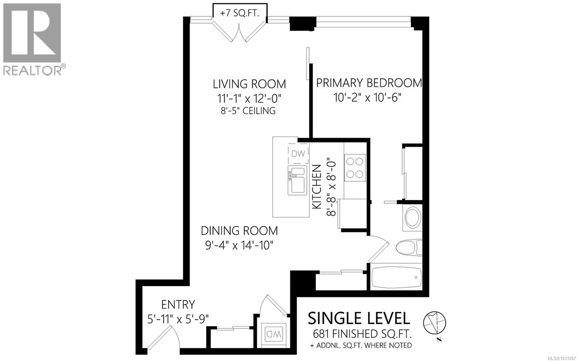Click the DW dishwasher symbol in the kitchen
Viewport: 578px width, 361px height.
pos(298,153)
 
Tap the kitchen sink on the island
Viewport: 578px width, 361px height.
pos(297,180)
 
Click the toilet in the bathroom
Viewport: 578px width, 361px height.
pos(409,248)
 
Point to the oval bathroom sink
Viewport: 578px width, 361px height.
pos(412,218)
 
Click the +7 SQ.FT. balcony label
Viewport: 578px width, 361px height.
pos(240,13)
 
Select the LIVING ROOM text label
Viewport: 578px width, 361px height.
pos(249,84)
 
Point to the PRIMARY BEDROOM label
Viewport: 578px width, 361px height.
pos(369,83)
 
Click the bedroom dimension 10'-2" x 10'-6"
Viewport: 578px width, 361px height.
pos(367,97)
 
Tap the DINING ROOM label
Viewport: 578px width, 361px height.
pos(239,230)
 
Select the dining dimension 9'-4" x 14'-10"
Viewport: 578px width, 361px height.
pos(239,245)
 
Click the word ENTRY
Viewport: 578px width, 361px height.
pos(178,304)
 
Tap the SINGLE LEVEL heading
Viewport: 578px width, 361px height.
pos(359,318)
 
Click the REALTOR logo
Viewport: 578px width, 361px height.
pos(33,39)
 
